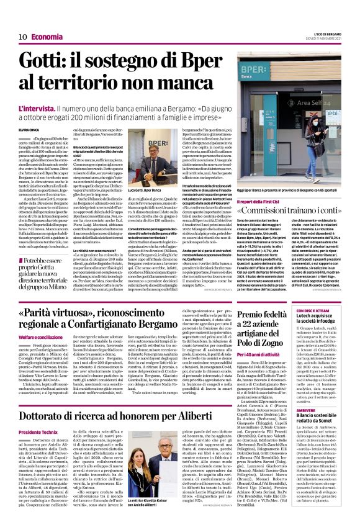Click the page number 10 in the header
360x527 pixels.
pos(22,37)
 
